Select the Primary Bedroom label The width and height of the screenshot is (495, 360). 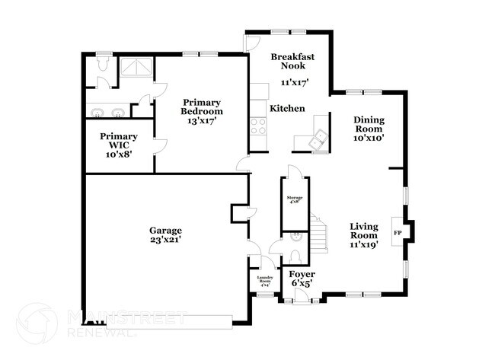tap(201, 107)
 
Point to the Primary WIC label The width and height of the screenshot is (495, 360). tap(119, 142)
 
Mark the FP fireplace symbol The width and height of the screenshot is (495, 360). tap(397, 232)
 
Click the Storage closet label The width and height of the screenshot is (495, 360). tap(295, 199)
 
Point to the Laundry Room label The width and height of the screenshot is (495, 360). tap(266, 281)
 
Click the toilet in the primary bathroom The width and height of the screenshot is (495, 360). tap(101, 68)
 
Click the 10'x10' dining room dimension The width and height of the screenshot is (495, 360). tap(368, 138)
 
